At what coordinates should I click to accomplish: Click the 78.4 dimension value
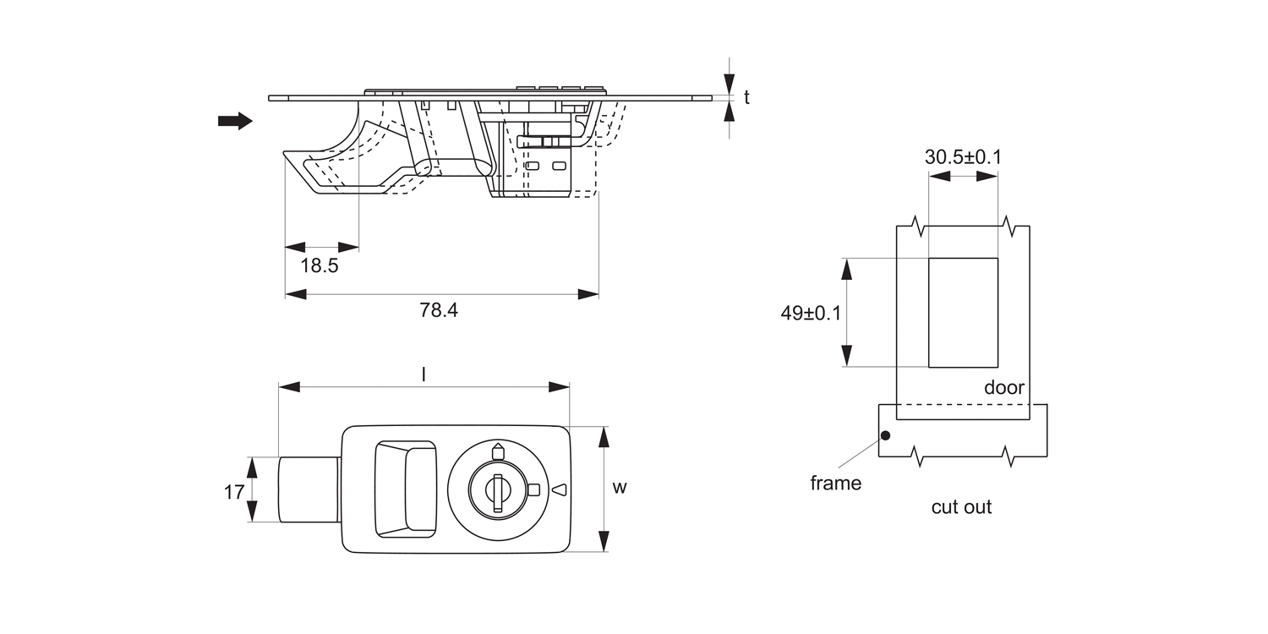(x=439, y=310)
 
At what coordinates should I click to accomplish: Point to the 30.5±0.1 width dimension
(x=963, y=157)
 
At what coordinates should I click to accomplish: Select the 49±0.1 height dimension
(x=811, y=313)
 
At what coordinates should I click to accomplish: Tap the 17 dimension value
(x=234, y=490)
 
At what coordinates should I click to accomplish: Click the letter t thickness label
(x=746, y=97)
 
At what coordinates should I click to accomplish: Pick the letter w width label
(x=620, y=488)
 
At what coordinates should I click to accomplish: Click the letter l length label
(x=423, y=373)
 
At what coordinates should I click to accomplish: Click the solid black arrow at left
(x=235, y=121)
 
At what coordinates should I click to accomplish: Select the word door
(x=1004, y=388)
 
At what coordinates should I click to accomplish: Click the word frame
(x=835, y=484)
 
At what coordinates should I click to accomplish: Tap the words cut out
(x=961, y=507)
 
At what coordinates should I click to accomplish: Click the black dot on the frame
(x=885, y=436)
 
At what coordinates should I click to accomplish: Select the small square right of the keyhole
(x=533, y=489)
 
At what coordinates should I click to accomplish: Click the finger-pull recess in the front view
(x=406, y=489)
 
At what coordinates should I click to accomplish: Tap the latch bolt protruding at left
(x=309, y=489)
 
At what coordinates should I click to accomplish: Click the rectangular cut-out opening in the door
(x=963, y=313)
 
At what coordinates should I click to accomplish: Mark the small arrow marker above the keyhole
(x=497, y=451)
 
